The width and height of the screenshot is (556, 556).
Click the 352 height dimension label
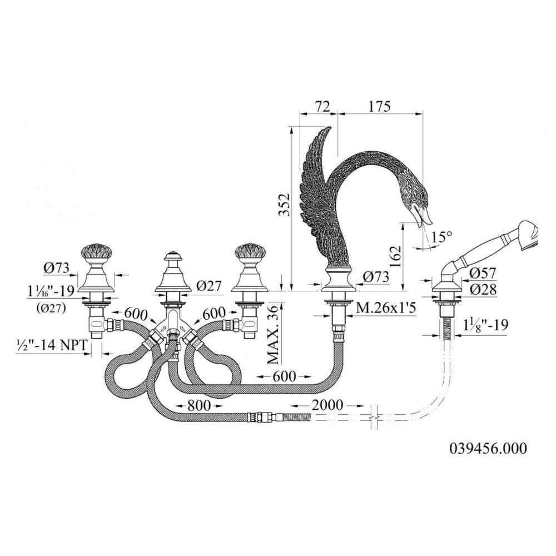[x=284, y=205]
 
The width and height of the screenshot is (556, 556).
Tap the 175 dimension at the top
[x=379, y=106]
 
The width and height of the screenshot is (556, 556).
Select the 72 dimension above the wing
[x=322, y=106]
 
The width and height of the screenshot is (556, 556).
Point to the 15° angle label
[x=442, y=236]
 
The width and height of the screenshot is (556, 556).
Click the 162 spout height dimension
[x=395, y=256]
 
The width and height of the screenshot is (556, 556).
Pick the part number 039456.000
[x=488, y=449]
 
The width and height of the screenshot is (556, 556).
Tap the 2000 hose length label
[x=327, y=405]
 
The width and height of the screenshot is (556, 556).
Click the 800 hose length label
[x=199, y=405]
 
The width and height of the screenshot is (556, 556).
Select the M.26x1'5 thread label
[x=386, y=308]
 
